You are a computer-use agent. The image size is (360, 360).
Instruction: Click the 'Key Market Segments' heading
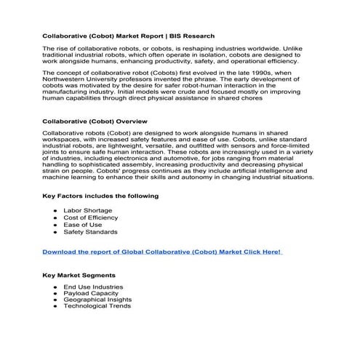point(78,277)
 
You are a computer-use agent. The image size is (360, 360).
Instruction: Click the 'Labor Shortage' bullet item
point(88,211)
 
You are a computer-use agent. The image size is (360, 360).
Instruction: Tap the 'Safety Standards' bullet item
point(90,233)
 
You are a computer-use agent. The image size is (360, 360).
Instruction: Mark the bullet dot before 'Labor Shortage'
point(56,211)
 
